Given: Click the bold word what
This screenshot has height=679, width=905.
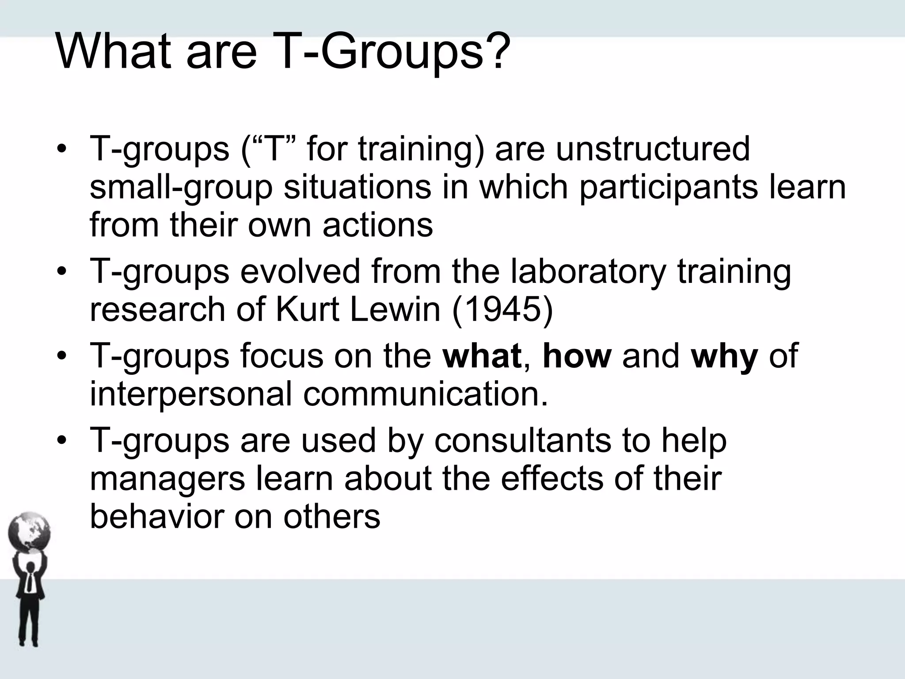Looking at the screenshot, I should (x=482, y=355).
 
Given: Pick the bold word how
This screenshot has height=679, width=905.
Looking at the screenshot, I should (x=577, y=355).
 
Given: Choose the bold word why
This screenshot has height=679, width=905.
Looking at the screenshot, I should (x=725, y=356).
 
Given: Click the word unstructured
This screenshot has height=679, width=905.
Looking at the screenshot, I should (x=653, y=149).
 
